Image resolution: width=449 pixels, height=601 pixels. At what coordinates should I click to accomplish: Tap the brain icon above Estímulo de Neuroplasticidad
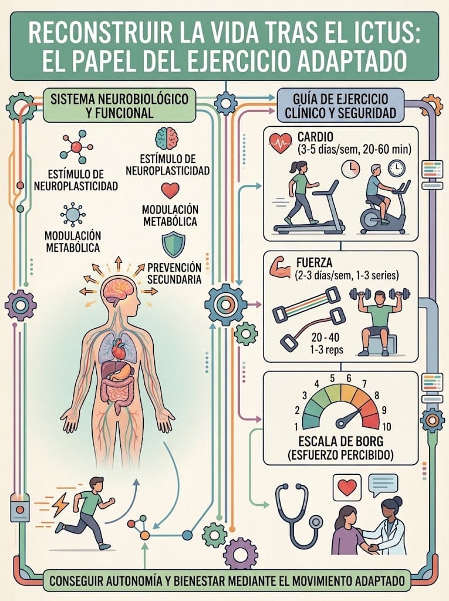(167, 139)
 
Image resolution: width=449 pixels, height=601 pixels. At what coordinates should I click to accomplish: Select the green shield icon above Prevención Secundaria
(173, 245)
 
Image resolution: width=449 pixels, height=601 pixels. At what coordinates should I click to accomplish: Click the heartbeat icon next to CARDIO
(281, 143)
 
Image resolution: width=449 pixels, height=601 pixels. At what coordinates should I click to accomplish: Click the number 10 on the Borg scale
(386, 427)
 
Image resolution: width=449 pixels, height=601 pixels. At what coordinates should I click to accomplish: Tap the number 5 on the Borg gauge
(332, 379)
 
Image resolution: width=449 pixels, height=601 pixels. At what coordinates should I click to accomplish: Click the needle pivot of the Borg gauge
(340, 423)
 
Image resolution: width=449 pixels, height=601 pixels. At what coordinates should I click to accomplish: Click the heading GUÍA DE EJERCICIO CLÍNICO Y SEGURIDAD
(340, 106)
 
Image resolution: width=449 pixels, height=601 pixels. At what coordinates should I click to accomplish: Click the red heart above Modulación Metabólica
(170, 191)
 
